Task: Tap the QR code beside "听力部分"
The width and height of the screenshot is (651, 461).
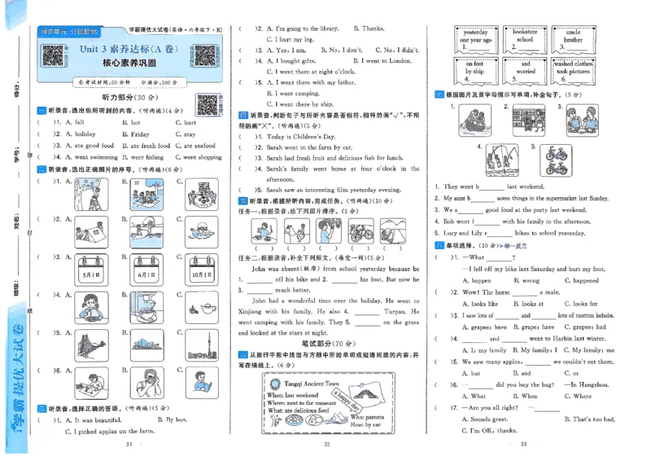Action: pos(208,104)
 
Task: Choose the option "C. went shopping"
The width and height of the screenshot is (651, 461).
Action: pos(199,157)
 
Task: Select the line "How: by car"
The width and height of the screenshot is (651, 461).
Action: pos(365,424)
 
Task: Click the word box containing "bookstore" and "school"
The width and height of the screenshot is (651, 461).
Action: pos(525,35)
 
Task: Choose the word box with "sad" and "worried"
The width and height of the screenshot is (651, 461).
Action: pos(525,67)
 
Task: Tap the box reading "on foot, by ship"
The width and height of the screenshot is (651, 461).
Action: pos(474,67)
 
